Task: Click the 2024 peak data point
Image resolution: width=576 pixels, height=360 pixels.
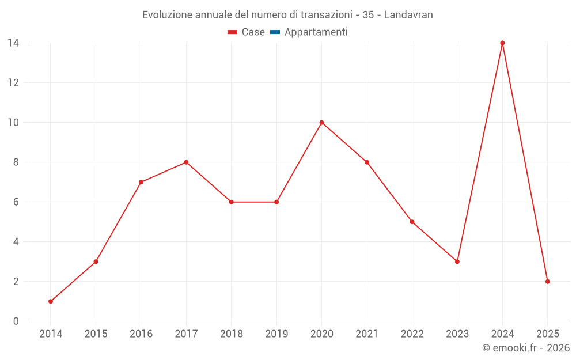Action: pos(502,43)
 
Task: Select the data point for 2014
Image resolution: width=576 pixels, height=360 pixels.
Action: pos(51,301)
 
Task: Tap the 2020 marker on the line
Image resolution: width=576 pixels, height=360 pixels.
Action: pos(321,123)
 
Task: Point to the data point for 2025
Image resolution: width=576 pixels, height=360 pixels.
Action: pos(547,282)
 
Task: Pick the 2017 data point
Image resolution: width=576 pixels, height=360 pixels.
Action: pos(186,162)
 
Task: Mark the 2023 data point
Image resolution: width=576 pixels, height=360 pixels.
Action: pos(457,262)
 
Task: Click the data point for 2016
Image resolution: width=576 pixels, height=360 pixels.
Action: pos(141,182)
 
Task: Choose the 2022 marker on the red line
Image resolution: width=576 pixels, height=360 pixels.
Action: pos(412,222)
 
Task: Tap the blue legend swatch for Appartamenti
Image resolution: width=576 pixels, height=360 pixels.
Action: pos(275,32)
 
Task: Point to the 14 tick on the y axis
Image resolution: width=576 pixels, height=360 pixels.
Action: pos(13,43)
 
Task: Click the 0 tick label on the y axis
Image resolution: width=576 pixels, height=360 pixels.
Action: pos(16,321)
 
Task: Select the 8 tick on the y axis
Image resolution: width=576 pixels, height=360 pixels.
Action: pos(16,162)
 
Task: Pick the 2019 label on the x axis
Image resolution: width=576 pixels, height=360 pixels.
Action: pos(276,334)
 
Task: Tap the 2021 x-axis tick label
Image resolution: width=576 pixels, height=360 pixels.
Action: pos(367,334)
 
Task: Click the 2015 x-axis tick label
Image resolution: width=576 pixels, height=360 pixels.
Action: pos(96,334)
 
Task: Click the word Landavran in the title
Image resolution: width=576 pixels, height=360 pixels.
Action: pos(408,14)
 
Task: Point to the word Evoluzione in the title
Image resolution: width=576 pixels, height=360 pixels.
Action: pos(167,14)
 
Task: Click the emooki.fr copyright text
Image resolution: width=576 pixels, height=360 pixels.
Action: pos(526,348)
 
